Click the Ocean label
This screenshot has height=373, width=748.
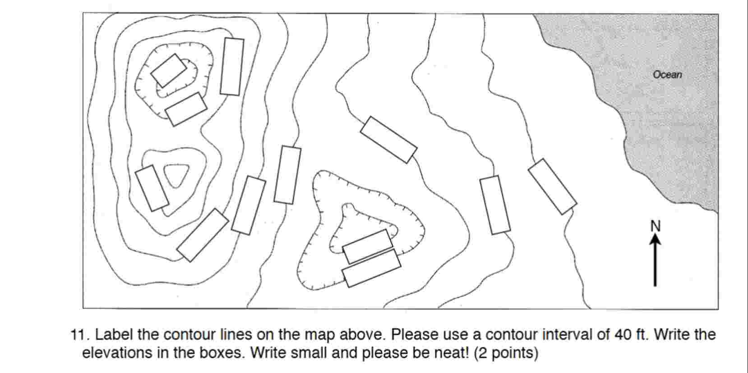click(667, 74)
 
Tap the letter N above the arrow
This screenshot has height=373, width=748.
click(656, 226)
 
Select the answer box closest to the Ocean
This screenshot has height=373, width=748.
click(552, 186)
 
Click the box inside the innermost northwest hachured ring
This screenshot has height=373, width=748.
click(168, 70)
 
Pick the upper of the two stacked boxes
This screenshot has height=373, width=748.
click(368, 246)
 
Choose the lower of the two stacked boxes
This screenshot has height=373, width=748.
click(371, 268)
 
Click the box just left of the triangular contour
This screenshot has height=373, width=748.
click(152, 188)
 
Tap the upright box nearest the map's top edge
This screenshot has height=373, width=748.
click(232, 67)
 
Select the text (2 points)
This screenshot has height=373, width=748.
click(506, 353)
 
